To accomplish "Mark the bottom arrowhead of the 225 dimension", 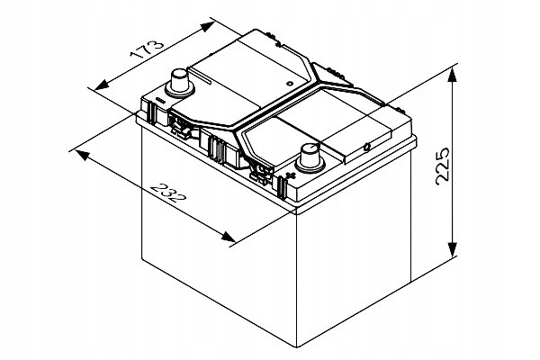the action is (x=453, y=253).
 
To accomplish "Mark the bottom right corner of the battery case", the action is (x=409, y=274).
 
